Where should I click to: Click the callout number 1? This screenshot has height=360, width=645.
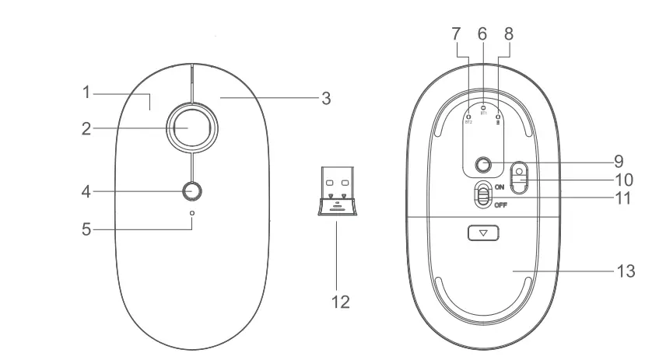(88, 93)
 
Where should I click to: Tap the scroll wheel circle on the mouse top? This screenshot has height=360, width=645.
(191, 127)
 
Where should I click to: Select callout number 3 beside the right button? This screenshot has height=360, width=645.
(327, 99)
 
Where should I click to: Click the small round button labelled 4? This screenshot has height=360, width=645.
(191, 191)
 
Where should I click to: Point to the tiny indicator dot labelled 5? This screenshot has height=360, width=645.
(191, 212)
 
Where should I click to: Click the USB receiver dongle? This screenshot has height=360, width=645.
(337, 190)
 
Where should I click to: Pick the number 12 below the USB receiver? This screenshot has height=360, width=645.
(337, 299)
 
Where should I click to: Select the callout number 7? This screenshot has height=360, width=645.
(457, 35)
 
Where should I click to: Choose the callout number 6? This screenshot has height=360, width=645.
(482, 35)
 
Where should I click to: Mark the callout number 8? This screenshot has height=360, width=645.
(508, 35)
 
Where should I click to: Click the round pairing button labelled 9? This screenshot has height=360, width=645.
(485, 164)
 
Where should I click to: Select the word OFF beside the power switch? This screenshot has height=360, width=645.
(502, 205)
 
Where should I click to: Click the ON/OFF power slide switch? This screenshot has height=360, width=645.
(483, 195)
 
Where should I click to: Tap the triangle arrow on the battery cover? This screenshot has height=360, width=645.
(483, 232)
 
